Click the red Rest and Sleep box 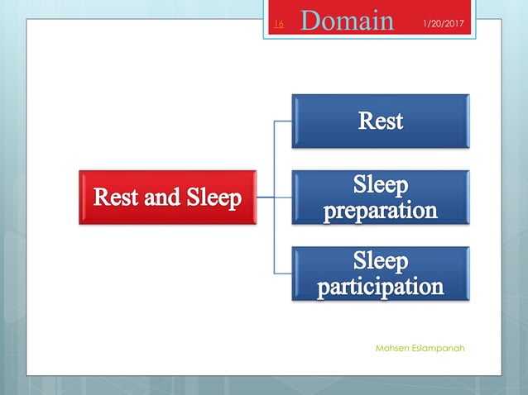[x=168, y=197]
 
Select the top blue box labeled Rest [x=380, y=121]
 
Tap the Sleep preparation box [x=380, y=197]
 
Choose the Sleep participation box [x=380, y=274]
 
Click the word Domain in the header [x=347, y=20]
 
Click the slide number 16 [x=278, y=25]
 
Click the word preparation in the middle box [x=380, y=211]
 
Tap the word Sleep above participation [x=381, y=262]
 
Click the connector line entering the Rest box [x=282, y=121]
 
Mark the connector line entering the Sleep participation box [x=282, y=274]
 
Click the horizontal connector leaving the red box [x=265, y=197]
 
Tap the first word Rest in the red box [x=117, y=198]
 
